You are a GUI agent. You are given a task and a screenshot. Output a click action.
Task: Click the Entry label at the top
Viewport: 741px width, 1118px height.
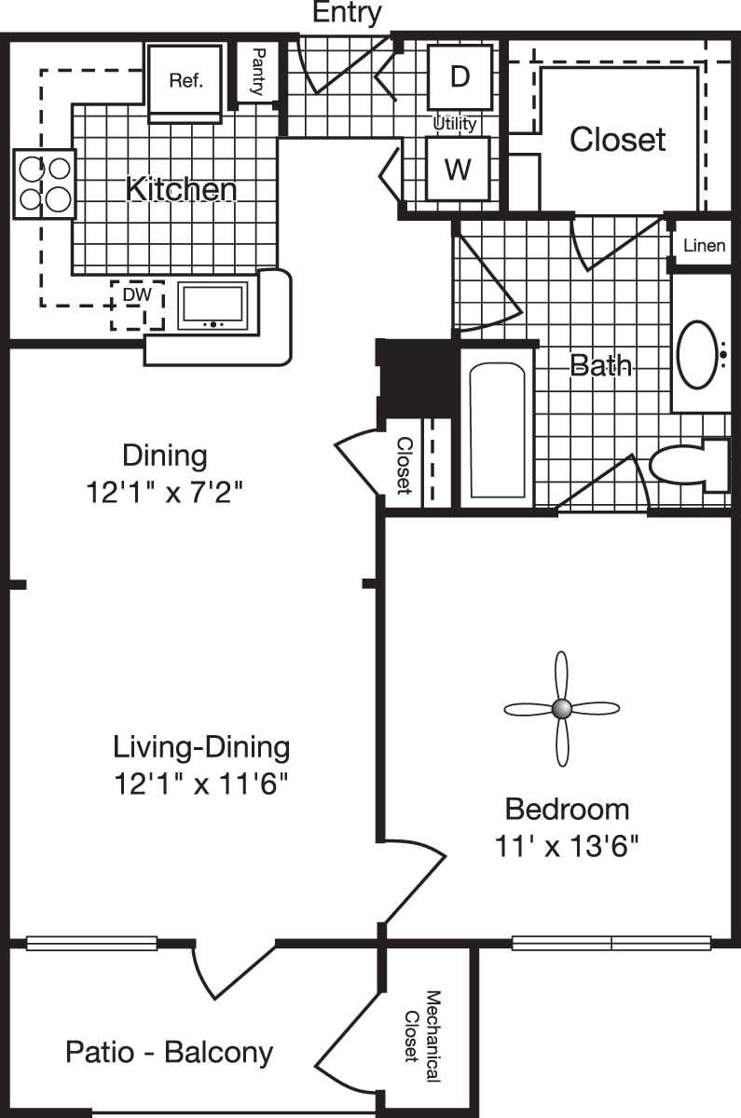tap(347, 13)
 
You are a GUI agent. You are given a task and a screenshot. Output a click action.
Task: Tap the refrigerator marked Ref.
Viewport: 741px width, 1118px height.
tap(185, 81)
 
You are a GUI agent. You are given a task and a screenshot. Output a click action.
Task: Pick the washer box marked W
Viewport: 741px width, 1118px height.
tap(458, 169)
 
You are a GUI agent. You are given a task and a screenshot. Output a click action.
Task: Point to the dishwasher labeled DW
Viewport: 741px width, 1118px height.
tap(137, 304)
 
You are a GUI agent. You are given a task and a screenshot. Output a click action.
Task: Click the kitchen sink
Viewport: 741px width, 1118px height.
tap(213, 306)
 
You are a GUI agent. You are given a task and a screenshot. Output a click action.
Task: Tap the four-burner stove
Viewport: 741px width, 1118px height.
tap(45, 184)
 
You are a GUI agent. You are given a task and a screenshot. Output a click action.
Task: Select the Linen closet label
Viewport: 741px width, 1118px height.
tap(704, 246)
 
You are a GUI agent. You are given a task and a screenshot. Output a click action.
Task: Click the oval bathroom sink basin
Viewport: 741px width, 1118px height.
tap(697, 354)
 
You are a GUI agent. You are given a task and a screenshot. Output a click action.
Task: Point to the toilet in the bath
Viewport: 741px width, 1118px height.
tap(689, 465)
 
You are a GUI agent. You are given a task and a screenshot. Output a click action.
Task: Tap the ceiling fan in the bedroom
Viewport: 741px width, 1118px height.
tap(561, 709)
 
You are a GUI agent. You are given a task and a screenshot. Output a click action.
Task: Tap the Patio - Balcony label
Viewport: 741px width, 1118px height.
tap(170, 1053)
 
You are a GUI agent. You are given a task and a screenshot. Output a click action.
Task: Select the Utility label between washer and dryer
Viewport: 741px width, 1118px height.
tap(455, 123)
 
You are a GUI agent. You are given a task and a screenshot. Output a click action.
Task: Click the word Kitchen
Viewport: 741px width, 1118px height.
tap(181, 189)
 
